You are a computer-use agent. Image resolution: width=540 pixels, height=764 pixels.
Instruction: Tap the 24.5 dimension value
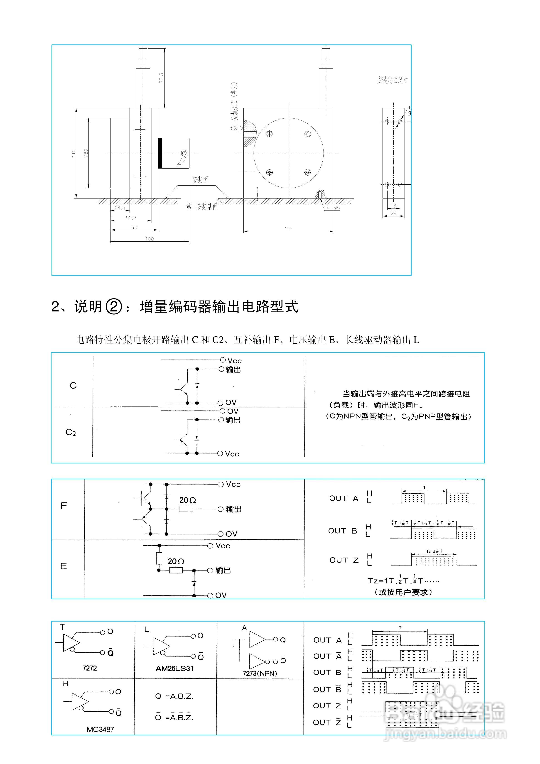click(120, 208)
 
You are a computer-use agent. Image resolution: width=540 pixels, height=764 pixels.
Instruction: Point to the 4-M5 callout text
click(333, 208)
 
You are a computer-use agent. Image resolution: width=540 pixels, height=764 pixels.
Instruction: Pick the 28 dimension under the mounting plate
click(393, 214)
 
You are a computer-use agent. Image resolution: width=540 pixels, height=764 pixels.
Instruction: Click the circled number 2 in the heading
click(114, 306)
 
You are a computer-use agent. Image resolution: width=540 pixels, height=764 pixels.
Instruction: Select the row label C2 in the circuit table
click(71, 432)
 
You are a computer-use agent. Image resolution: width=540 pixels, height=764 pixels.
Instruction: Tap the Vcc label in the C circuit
click(234, 361)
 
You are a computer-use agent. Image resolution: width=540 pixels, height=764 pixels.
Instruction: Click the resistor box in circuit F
click(186, 509)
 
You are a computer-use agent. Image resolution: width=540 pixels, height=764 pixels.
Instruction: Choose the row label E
click(64, 566)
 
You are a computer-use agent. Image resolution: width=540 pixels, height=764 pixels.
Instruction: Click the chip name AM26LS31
click(175, 668)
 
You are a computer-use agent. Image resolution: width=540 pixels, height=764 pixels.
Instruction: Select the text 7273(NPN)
click(260, 673)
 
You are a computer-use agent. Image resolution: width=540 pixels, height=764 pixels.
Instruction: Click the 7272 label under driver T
click(90, 668)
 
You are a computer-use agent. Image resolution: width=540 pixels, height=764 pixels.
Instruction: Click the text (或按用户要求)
click(403, 592)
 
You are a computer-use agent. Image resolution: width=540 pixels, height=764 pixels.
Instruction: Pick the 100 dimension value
click(150, 239)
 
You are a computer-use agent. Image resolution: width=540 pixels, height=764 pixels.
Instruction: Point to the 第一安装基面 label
click(202, 207)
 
